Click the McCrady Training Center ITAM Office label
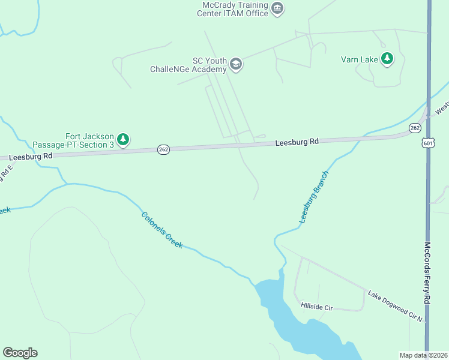point(235,9)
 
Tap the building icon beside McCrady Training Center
point(277,8)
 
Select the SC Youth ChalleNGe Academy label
point(188,65)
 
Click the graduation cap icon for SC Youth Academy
point(236,65)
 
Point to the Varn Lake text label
point(358,59)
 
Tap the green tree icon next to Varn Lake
point(388,58)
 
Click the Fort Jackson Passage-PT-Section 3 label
point(73,140)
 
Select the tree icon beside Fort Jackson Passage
point(123,140)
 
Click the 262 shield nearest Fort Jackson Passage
point(163,149)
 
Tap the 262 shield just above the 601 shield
point(414,128)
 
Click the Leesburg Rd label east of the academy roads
point(297,142)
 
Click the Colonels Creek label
point(161,230)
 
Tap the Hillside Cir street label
point(316,307)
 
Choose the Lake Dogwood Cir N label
point(396,307)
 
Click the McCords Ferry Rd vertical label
point(428,282)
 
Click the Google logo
point(20,353)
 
